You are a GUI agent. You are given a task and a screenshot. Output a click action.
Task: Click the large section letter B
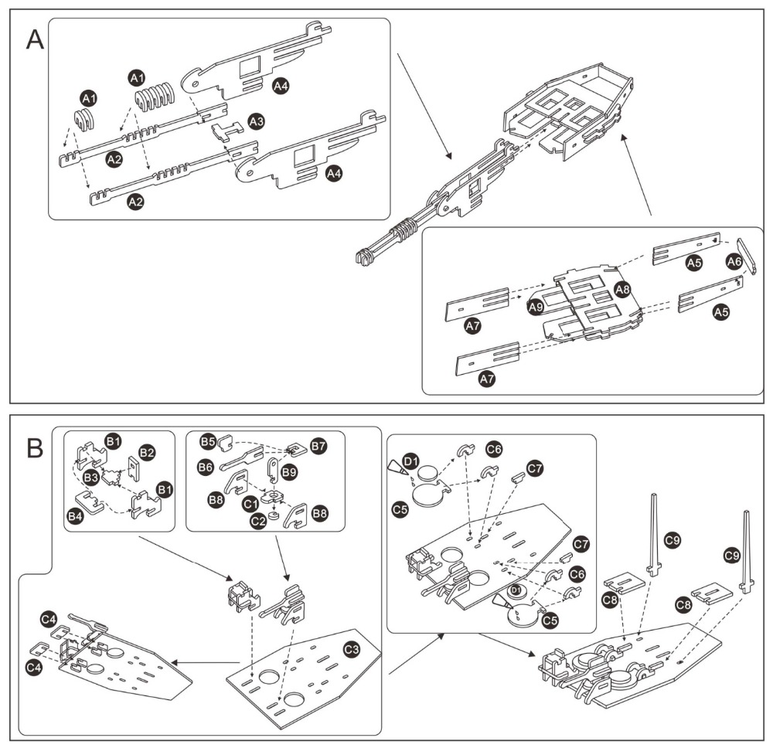click(x=35, y=447)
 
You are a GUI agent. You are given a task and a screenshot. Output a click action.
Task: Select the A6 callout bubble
click(x=734, y=262)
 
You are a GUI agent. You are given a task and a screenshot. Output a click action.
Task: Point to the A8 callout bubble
click(x=623, y=290)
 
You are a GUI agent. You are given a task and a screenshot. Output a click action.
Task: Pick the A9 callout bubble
click(x=533, y=308)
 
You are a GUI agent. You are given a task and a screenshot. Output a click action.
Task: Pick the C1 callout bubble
click(x=250, y=502)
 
